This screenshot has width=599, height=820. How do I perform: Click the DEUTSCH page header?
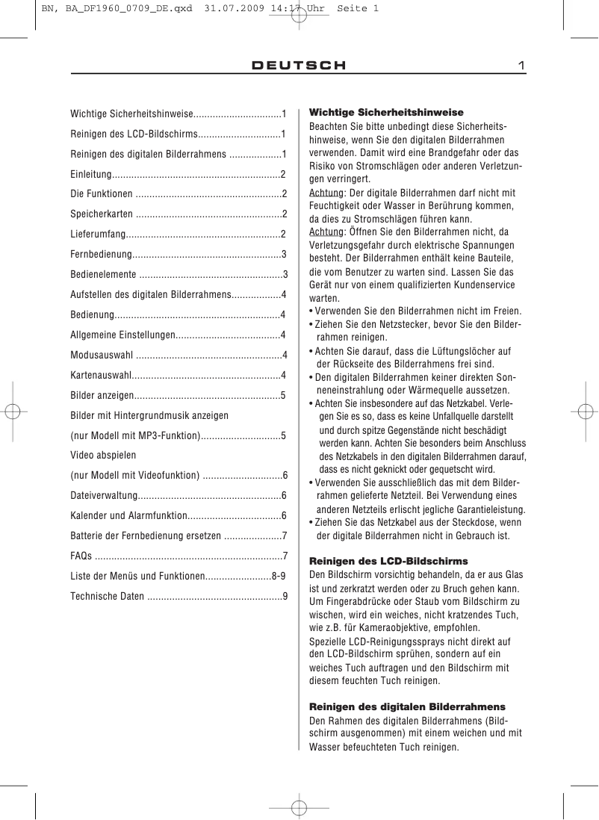[x=299, y=66]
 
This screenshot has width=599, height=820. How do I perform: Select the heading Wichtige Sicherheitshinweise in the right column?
[x=386, y=112]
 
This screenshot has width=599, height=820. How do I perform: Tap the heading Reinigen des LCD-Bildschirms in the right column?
[x=388, y=560]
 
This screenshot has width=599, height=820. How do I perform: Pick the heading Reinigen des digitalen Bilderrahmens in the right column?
[x=407, y=706]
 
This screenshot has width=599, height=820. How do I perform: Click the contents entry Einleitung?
[x=90, y=174]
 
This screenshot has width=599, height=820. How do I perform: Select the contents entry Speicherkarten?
[x=102, y=214]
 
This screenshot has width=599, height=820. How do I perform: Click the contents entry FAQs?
[x=81, y=556]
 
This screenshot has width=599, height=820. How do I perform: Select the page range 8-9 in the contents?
[x=279, y=576]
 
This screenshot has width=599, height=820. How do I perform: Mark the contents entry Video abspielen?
[x=103, y=454]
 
